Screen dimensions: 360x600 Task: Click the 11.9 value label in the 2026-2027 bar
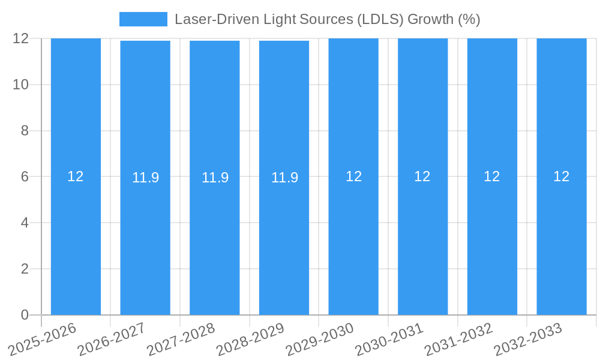pyautogui.click(x=145, y=178)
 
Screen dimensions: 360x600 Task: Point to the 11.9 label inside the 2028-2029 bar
pyautogui.click(x=284, y=178)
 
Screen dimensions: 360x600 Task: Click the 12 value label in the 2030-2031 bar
pyautogui.click(x=422, y=176)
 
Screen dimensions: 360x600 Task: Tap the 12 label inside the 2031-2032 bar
pyautogui.click(x=492, y=176)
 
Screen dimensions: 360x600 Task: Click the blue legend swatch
pyautogui.click(x=143, y=19)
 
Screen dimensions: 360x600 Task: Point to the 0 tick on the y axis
pyautogui.click(x=25, y=315)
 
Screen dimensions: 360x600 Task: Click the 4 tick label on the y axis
pyautogui.click(x=25, y=223)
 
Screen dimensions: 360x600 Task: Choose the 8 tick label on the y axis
pyautogui.click(x=25, y=131)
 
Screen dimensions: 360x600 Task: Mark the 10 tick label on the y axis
pyautogui.click(x=21, y=85)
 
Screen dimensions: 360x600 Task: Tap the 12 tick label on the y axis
pyautogui.click(x=21, y=38)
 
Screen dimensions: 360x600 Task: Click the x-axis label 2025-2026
pyautogui.click(x=43, y=340)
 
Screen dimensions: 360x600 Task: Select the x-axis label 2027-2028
pyautogui.click(x=182, y=340)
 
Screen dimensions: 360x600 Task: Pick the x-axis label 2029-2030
pyautogui.click(x=320, y=340)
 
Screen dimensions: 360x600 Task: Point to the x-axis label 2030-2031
pyautogui.click(x=390, y=340)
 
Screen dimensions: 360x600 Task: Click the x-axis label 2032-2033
pyautogui.click(x=529, y=340)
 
